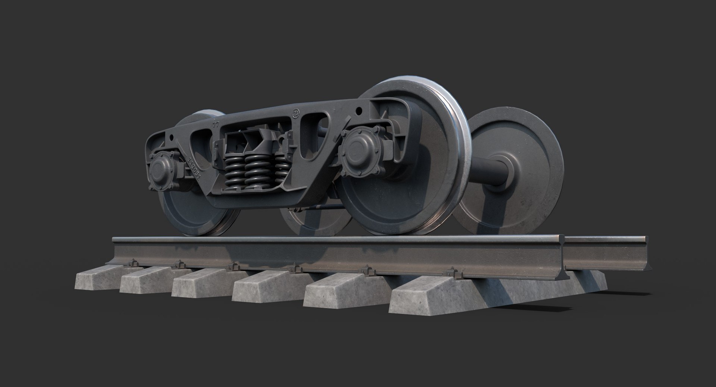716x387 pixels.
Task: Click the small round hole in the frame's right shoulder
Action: click(359, 111)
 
